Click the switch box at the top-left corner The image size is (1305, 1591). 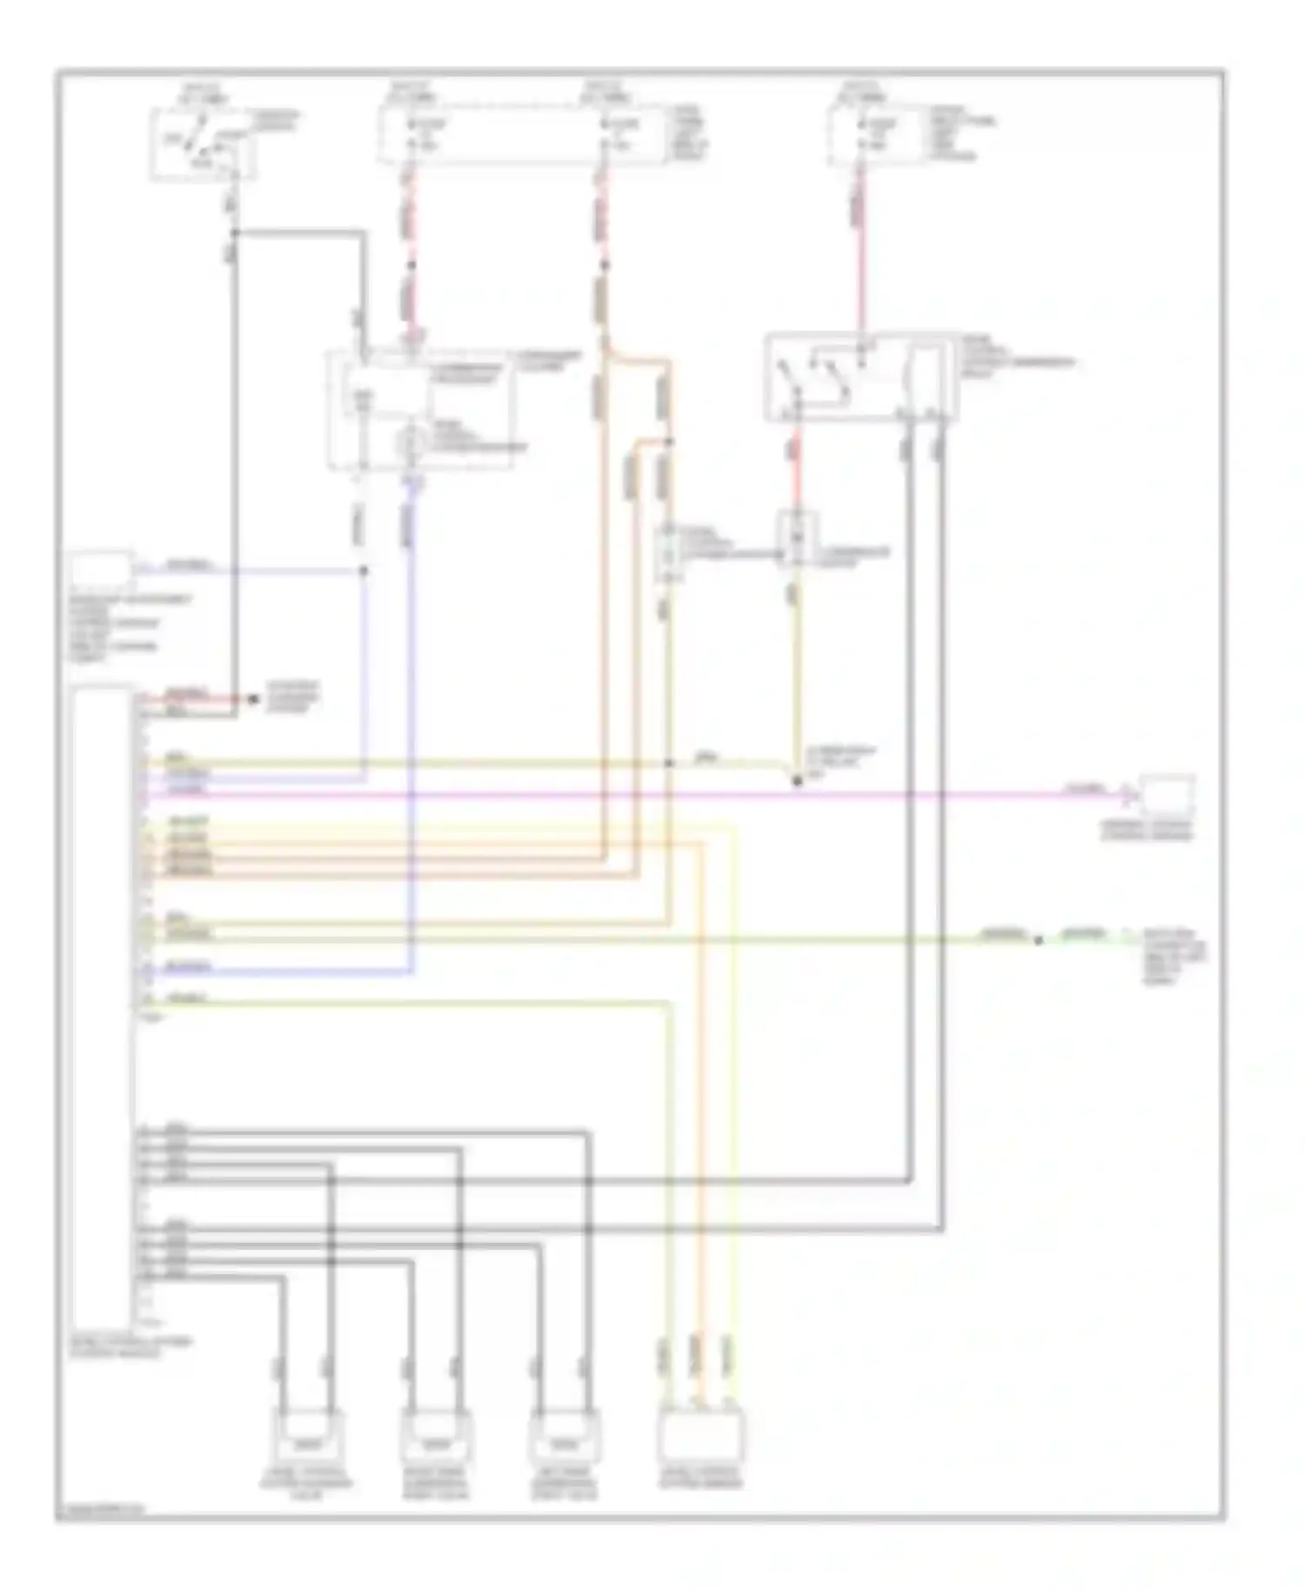point(203,144)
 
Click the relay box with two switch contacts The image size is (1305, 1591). point(860,377)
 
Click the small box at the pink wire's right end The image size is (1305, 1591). point(1168,795)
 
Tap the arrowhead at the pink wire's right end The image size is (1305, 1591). point(1130,794)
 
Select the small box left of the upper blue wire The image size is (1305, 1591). point(101,570)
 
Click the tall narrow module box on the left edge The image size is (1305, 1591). point(104,1010)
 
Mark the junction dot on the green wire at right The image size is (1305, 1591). point(1037,940)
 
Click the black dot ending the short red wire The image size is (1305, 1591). point(253,699)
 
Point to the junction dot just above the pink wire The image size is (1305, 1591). point(797,782)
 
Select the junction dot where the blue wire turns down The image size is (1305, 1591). point(364,571)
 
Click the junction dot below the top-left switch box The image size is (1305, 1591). point(234,232)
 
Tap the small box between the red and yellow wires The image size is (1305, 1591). point(796,540)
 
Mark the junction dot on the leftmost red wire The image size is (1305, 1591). point(412,265)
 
